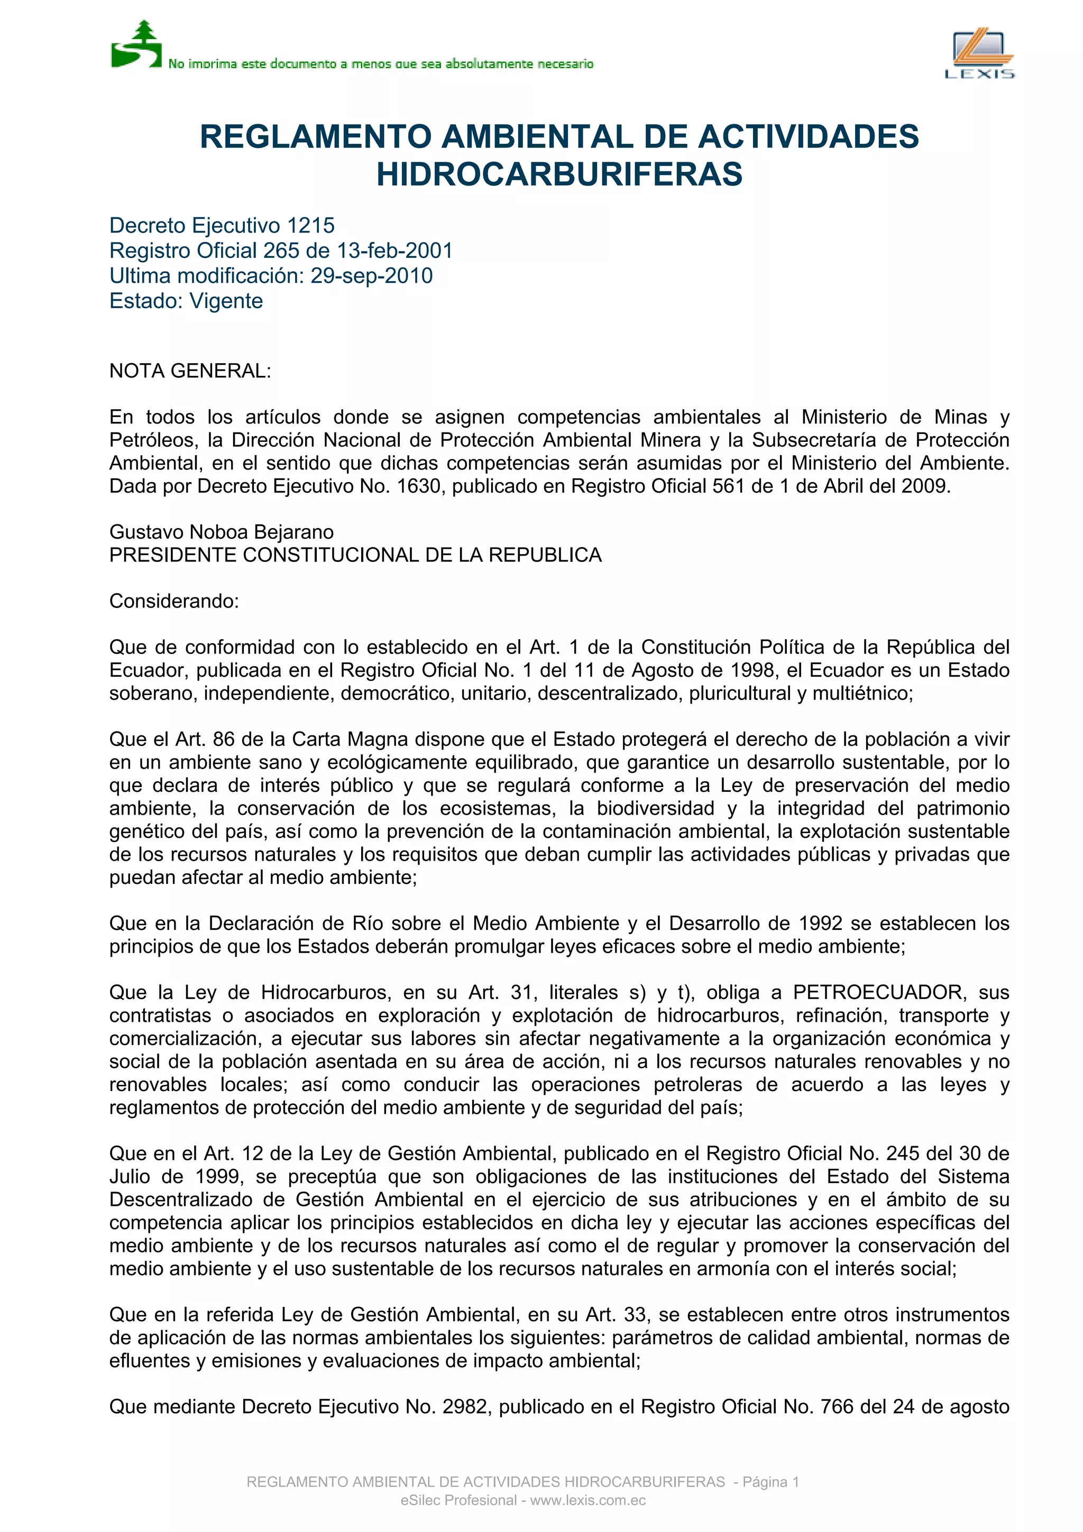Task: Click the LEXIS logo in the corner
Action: pos(979,53)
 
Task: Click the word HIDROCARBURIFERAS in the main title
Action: pos(559,174)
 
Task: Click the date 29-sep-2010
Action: pos(372,275)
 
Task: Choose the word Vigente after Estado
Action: pos(226,301)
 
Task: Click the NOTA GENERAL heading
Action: pos(190,371)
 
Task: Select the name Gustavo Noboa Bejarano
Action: pos(222,532)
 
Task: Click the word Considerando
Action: pos(173,601)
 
